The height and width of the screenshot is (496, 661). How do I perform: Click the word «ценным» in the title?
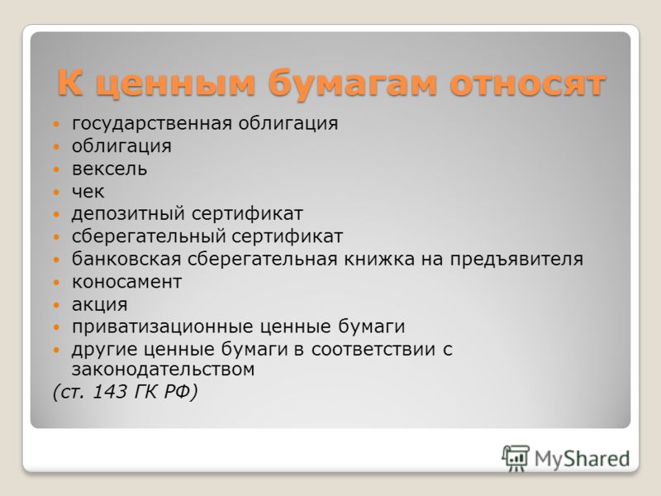pyautogui.click(x=176, y=84)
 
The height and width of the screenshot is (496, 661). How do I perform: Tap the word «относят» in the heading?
pyautogui.click(x=528, y=83)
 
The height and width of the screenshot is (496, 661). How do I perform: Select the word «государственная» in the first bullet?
pyautogui.click(x=152, y=124)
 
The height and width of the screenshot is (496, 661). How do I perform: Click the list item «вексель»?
pyautogui.click(x=110, y=169)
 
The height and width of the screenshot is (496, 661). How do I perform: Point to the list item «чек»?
pyautogui.click(x=88, y=192)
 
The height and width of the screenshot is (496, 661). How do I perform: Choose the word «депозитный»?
pyautogui.click(x=128, y=215)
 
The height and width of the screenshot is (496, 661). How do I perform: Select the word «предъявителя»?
pyautogui.click(x=517, y=260)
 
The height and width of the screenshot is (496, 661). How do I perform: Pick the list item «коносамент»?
pyautogui.click(x=127, y=282)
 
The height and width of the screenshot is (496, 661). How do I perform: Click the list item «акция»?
pyautogui.click(x=99, y=305)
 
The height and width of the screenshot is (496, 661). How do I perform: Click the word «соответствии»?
pyautogui.click(x=373, y=350)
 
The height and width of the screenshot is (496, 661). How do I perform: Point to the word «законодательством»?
pyautogui.click(x=163, y=370)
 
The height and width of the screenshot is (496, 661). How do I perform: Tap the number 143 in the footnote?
pyautogui.click(x=110, y=392)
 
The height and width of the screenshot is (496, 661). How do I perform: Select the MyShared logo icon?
pyautogui.click(x=515, y=458)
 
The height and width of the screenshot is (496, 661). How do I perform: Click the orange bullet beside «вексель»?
pyautogui.click(x=57, y=169)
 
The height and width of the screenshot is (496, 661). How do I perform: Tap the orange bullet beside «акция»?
pyautogui.click(x=57, y=305)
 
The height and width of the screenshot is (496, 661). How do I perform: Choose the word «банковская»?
pyautogui.click(x=126, y=259)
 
